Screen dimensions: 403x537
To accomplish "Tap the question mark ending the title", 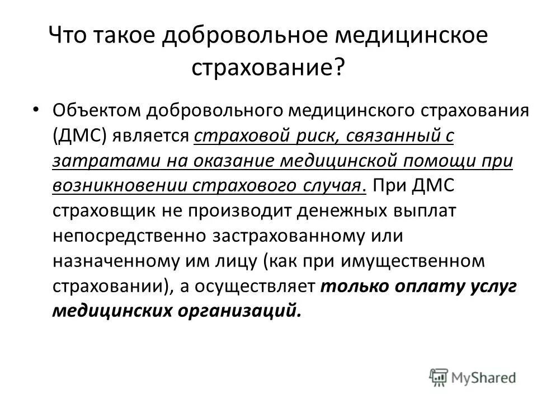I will coord(338,68).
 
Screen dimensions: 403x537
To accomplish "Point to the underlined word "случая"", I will coord(334,186).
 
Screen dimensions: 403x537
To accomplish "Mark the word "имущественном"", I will coord(423,261).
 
